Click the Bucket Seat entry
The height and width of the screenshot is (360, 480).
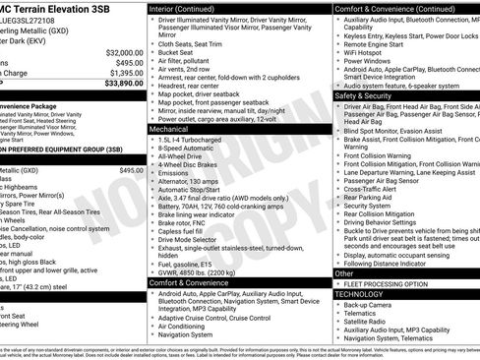[x=177, y=52]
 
